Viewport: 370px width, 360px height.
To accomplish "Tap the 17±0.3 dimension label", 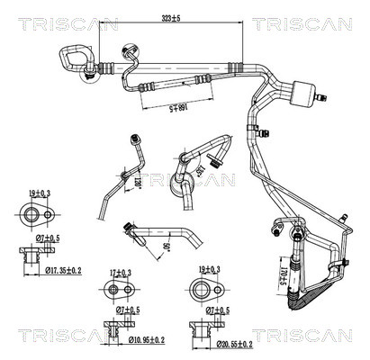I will [x=118, y=272].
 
